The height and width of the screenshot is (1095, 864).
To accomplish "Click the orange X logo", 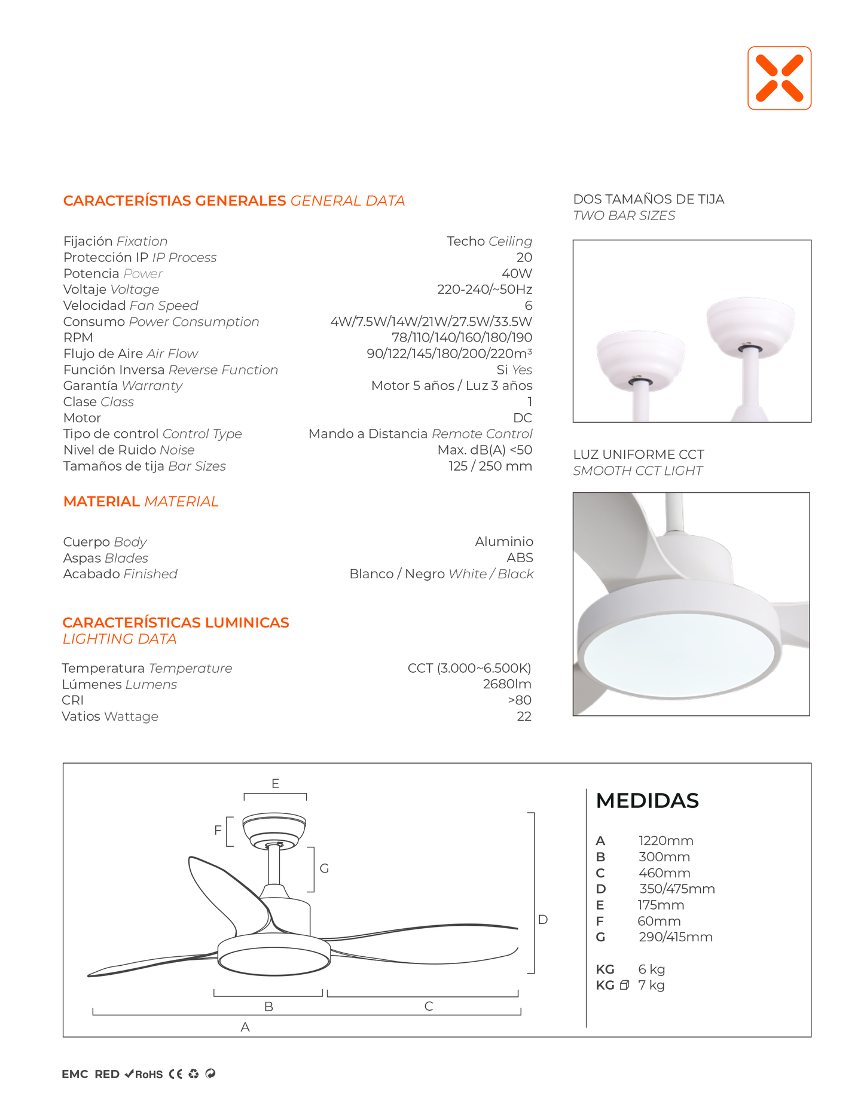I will click(x=779, y=78).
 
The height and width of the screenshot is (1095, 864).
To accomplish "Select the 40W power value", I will click(x=517, y=273).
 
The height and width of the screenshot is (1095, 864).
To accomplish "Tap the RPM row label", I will click(x=78, y=337).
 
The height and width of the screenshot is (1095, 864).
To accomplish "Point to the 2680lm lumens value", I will click(x=507, y=684).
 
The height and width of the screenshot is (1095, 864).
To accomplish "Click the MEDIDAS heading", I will click(x=647, y=800).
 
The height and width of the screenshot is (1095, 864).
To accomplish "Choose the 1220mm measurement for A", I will click(x=665, y=841).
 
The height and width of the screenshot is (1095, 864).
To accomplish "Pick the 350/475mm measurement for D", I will click(x=677, y=889).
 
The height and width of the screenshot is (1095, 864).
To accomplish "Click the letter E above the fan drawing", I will click(x=275, y=783).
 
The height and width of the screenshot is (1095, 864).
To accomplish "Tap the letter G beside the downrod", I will click(x=324, y=868).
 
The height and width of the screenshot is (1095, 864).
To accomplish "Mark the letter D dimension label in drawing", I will click(x=543, y=919).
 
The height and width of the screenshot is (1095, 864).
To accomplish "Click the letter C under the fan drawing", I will click(x=429, y=1006).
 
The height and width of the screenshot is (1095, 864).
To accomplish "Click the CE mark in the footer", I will click(x=175, y=1074).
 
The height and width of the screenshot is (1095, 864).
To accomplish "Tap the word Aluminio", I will click(x=504, y=541).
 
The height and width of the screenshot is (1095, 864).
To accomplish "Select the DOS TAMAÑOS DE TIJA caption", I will click(x=648, y=199).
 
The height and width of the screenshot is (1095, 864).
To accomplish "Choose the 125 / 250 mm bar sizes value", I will click(x=490, y=466).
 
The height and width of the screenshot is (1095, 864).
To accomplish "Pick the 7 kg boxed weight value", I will click(x=651, y=985).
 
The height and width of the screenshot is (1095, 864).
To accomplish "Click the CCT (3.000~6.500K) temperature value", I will click(x=469, y=668).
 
